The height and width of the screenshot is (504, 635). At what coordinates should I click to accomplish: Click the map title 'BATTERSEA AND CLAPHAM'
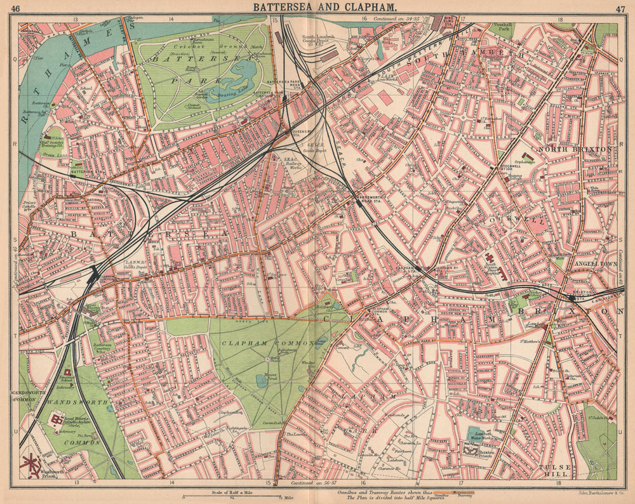pos(326,8)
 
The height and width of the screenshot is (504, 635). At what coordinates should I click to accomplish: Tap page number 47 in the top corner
pos(620,8)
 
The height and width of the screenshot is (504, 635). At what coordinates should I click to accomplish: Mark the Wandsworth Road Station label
pos(370,199)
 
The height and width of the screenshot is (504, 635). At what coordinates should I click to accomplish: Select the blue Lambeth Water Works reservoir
pos(480,434)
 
